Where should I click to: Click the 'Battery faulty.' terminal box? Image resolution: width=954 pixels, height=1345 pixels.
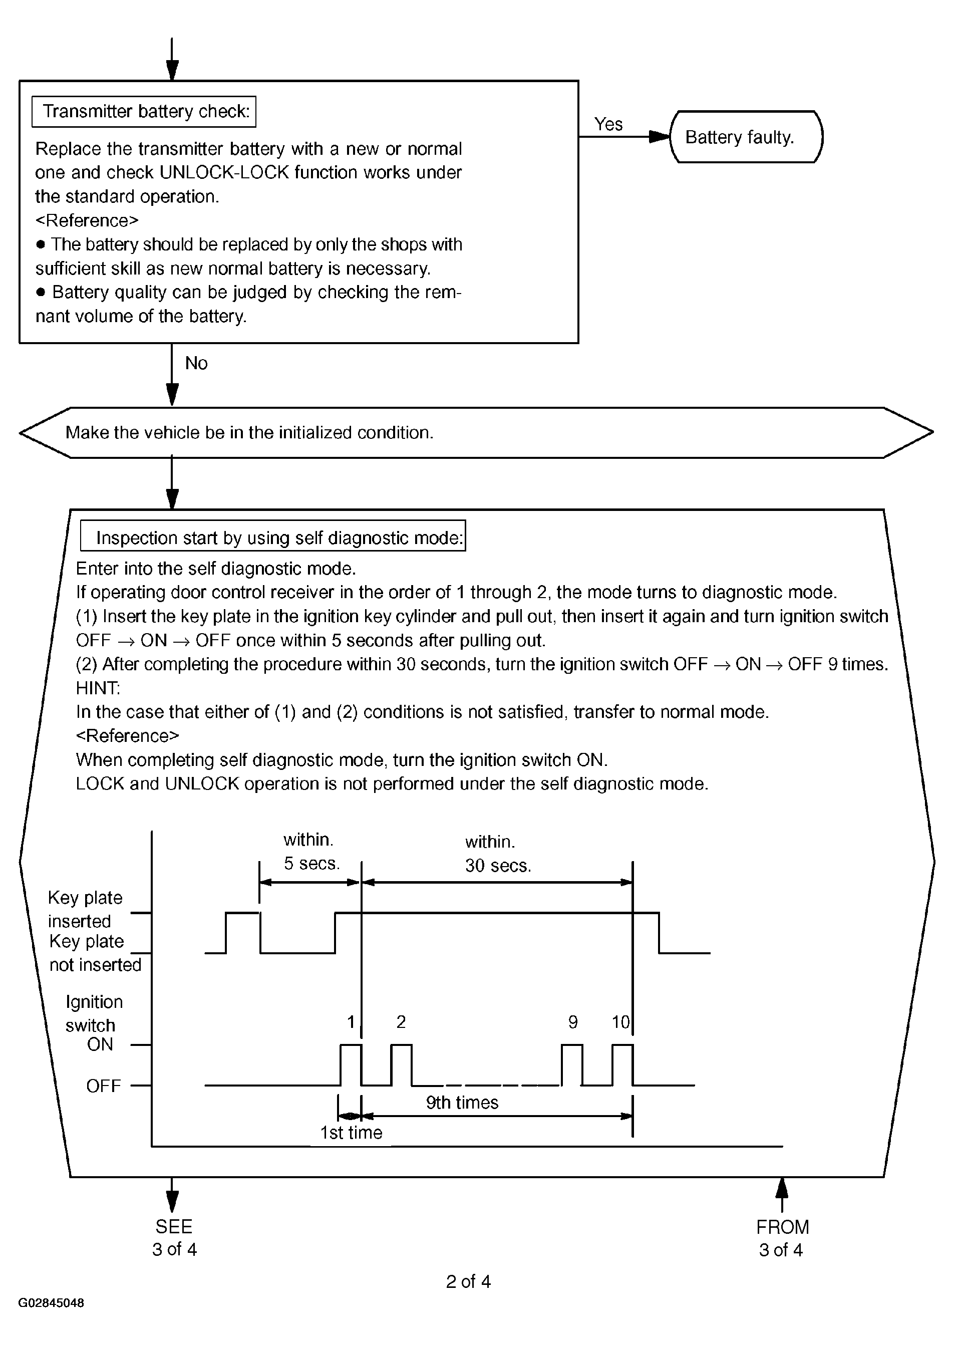(746, 137)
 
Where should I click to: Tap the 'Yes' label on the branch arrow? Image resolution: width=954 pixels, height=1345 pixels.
(608, 124)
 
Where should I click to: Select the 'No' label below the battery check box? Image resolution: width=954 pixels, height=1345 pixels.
(196, 363)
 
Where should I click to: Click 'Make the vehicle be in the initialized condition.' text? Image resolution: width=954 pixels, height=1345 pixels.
(249, 432)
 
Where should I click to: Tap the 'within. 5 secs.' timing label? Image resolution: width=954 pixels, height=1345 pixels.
(311, 852)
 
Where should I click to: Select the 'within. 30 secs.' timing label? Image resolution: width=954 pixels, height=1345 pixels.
(498, 854)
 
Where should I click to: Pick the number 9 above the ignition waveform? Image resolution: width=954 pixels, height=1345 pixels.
(573, 1022)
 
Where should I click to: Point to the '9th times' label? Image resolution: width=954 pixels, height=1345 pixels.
(462, 1103)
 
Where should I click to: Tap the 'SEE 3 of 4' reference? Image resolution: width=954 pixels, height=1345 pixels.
(174, 1237)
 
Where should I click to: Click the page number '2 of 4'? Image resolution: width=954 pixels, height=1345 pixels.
(468, 1281)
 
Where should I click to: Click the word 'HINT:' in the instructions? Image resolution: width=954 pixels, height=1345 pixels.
(98, 688)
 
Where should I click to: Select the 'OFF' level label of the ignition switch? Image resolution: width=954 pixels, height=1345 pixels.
(103, 1086)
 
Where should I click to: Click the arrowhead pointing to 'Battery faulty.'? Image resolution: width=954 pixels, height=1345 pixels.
(660, 137)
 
